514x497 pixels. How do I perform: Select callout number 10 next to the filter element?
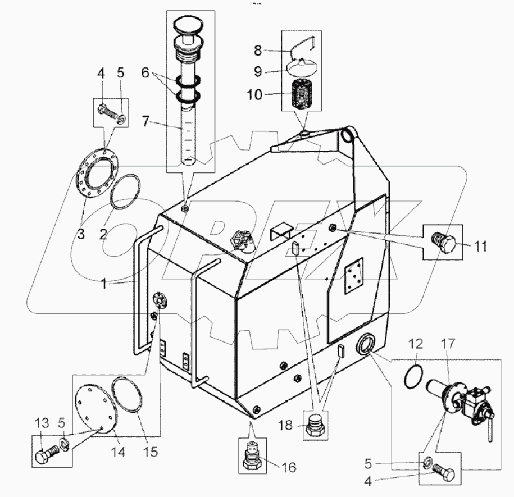[x=254, y=94]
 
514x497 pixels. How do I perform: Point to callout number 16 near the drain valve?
[x=289, y=467]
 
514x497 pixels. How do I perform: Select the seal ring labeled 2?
[x=125, y=193]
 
